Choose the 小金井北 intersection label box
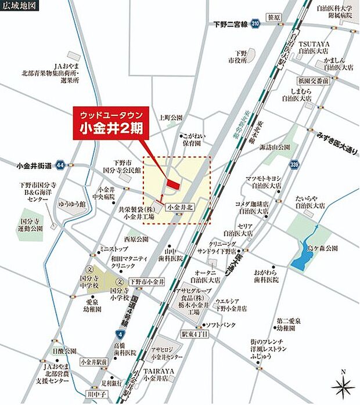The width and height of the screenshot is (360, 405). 179,206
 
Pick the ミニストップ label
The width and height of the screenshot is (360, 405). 113,248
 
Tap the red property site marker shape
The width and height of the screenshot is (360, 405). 172,184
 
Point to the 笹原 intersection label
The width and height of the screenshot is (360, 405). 274,18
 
